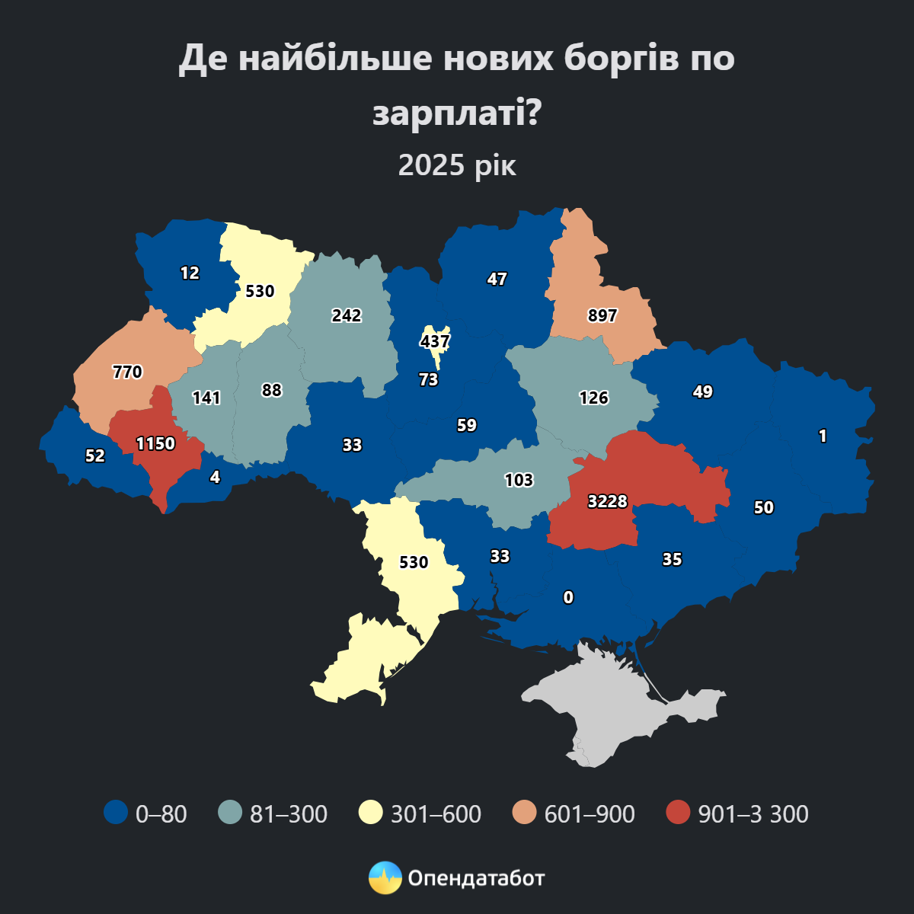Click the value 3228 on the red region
click(608, 501)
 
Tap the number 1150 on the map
click(155, 443)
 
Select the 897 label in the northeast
click(602, 315)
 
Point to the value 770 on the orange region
click(127, 372)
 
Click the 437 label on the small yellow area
click(435, 341)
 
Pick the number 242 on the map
click(347, 315)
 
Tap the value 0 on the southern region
click(568, 597)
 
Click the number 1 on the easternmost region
click(823, 436)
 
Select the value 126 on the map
click(594, 398)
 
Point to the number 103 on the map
click(519, 480)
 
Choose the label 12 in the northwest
click(190, 273)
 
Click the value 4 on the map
click(215, 478)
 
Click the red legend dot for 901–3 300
click(677, 813)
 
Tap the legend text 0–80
click(161, 813)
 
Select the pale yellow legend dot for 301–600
click(370, 813)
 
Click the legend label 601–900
click(589, 813)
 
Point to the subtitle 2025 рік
click(457, 165)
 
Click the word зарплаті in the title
click(449, 113)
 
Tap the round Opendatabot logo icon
click(385, 878)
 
